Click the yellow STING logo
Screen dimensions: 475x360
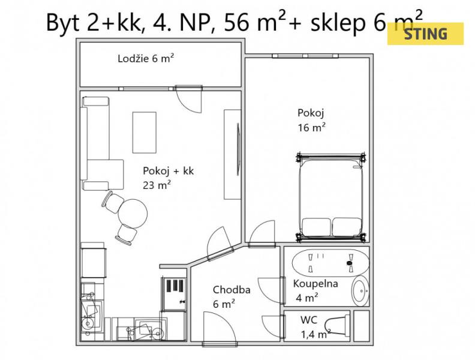pos(425,34)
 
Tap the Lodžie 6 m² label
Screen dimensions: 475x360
pos(146,58)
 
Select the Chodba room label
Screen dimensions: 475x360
pos(232,290)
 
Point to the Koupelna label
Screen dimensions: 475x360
pos(315,284)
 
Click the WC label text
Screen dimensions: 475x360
pos(309,320)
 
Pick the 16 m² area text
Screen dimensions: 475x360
pos(311,127)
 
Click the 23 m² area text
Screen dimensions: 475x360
pos(157,185)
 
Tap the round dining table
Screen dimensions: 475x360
pos(133,214)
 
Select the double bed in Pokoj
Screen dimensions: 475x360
pos(331,197)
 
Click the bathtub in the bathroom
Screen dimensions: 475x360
pos(330,263)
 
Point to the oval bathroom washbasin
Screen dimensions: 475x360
pos(360,291)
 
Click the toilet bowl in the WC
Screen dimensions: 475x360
pos(337,325)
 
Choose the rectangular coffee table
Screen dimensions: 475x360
pos(145,133)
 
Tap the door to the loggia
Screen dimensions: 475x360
pos(188,100)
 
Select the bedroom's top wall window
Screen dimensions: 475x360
pos(305,56)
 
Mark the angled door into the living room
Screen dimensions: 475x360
pos(220,244)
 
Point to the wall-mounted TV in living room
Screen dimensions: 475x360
pos(238,149)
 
